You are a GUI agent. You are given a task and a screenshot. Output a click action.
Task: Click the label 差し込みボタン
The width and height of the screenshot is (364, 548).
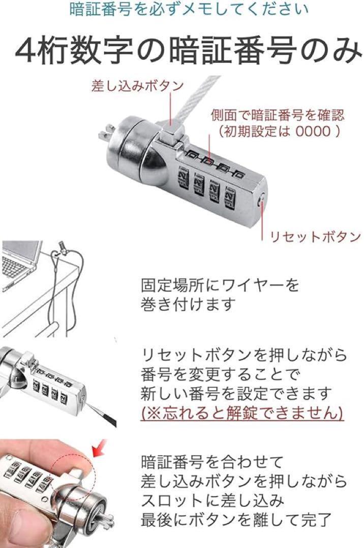[137, 86]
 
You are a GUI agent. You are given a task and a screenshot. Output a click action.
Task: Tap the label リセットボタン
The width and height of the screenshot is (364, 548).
[315, 236]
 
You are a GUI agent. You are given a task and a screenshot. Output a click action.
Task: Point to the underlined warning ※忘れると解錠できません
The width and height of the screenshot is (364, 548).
[242, 413]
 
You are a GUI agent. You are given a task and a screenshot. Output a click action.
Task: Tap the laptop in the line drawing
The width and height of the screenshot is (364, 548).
[20, 264]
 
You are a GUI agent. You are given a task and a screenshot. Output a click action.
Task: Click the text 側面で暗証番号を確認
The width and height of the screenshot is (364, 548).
[278, 115]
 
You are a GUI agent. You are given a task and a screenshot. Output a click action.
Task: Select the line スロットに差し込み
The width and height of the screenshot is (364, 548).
[212, 500]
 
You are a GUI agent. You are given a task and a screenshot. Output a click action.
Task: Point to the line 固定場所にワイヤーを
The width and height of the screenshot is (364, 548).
[220, 285]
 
